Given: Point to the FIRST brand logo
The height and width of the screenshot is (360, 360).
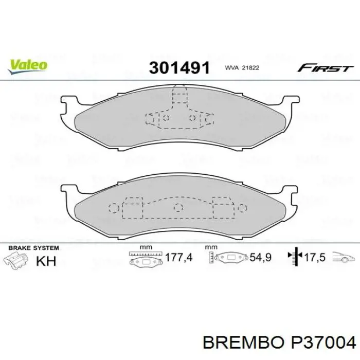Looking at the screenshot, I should (x=326, y=68).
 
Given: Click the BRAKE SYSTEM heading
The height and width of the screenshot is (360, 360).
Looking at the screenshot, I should (x=31, y=247).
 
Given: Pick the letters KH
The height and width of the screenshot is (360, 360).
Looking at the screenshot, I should (x=46, y=261).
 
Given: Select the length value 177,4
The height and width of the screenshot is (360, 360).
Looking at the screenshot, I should (x=177, y=258).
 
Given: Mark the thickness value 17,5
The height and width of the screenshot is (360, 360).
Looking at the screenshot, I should (x=315, y=258).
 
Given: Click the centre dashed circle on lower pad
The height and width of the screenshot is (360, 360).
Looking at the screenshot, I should (x=178, y=207).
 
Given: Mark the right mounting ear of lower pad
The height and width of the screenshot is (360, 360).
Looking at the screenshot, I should (x=292, y=194).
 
